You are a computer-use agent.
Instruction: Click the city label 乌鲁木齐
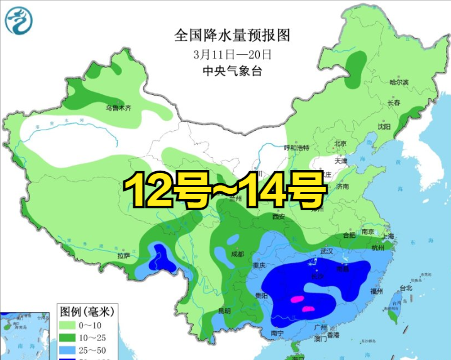click(x=118, y=108)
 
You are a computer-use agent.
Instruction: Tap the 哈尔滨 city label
click(x=399, y=82)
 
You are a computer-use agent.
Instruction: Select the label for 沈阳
click(x=383, y=126)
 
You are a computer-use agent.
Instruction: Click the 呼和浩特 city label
click(x=297, y=148)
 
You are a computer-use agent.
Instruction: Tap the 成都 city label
click(x=237, y=254)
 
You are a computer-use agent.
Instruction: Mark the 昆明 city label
click(x=223, y=310)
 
